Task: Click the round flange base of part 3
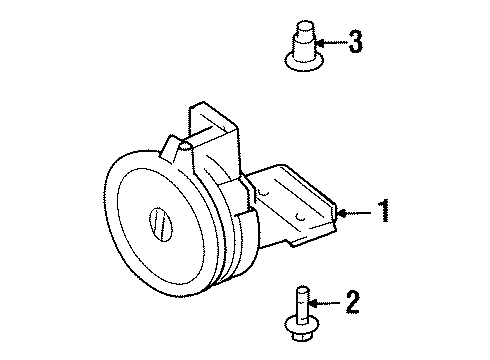pyautogui.click(x=297, y=63)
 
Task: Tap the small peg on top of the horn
pyautogui.click(x=182, y=149)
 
